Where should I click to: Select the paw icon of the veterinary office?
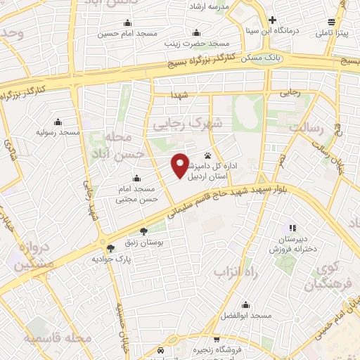pyautogui.click(x=208, y=155)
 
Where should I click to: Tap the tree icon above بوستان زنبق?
pyautogui.click(x=144, y=231)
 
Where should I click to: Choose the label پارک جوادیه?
pyautogui.click(x=112, y=259)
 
